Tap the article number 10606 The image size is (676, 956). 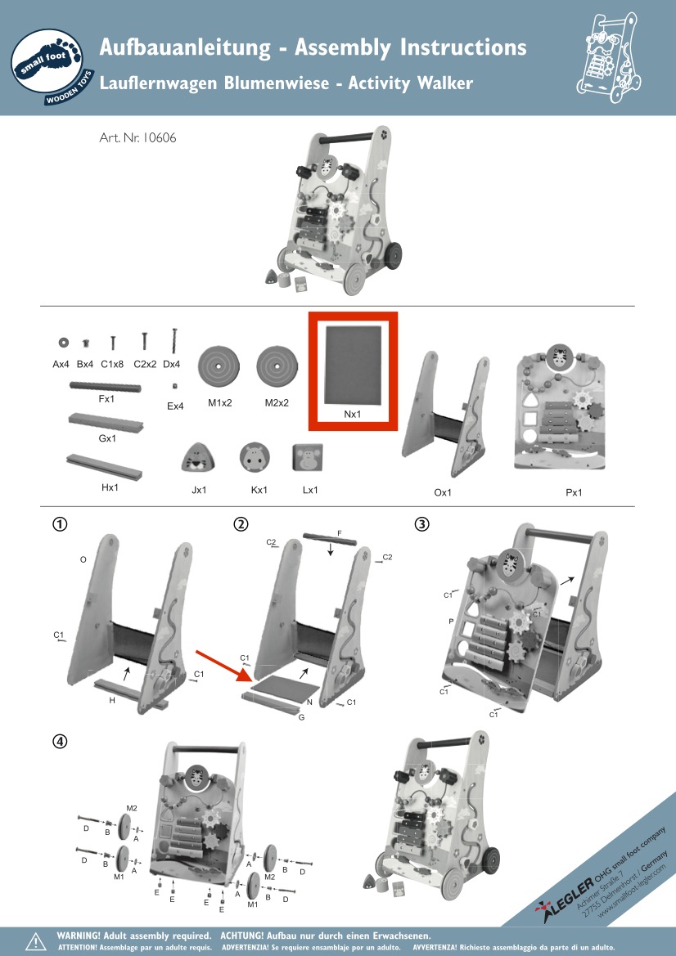point(160,137)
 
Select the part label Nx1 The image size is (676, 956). point(352,414)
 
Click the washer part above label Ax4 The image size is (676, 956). point(64,343)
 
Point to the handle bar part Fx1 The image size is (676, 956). point(105,387)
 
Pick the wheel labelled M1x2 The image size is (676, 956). point(219,366)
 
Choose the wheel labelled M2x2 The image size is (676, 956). point(277,366)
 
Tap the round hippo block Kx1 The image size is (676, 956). point(255,457)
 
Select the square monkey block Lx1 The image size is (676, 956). point(308,458)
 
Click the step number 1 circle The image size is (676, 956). point(60,523)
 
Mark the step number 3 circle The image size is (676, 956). point(421,523)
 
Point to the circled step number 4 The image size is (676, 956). point(60,742)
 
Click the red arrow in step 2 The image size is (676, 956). point(224,667)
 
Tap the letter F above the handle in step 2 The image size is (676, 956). point(340,533)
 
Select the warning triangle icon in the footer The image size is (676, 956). point(35,940)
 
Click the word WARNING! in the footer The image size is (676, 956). point(78,936)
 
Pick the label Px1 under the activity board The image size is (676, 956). point(574,492)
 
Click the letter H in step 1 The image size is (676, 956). point(112,701)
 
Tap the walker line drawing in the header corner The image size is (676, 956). point(609,57)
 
